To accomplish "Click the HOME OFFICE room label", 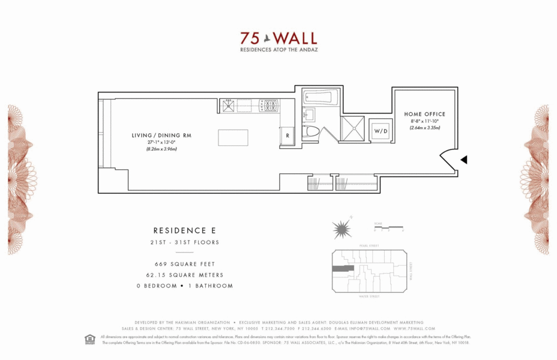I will [424, 114].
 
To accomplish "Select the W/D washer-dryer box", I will [381, 130].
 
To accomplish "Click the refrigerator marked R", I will [288, 136].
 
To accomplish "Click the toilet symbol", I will [310, 131].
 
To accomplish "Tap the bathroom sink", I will [309, 114].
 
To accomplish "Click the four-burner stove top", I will [269, 106].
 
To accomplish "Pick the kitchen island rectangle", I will [233, 137].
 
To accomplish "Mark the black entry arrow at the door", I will [463, 160].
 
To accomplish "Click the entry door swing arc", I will [448, 158].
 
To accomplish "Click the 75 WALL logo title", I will [278, 38].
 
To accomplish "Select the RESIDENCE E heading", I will [184, 230].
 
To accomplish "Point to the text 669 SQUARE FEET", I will [184, 264].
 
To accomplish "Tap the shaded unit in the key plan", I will [343, 269].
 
